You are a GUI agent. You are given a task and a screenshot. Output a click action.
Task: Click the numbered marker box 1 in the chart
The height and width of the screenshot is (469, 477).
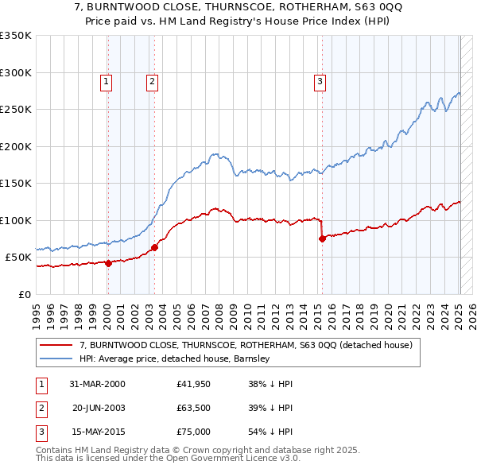click(x=106, y=80)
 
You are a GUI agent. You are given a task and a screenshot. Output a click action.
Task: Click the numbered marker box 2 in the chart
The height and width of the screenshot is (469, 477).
click(x=151, y=80)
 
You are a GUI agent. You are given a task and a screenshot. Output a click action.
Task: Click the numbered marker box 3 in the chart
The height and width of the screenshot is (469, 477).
click(x=320, y=80)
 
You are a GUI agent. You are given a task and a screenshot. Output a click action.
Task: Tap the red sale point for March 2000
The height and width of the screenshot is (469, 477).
click(x=109, y=264)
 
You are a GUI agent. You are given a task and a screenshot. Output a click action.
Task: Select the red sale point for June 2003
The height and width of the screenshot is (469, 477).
click(x=154, y=247)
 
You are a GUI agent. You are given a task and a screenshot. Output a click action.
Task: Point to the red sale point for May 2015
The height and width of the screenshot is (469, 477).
click(x=322, y=239)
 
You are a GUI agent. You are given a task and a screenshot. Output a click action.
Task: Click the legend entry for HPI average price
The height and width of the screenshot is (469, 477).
click(x=175, y=359)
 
